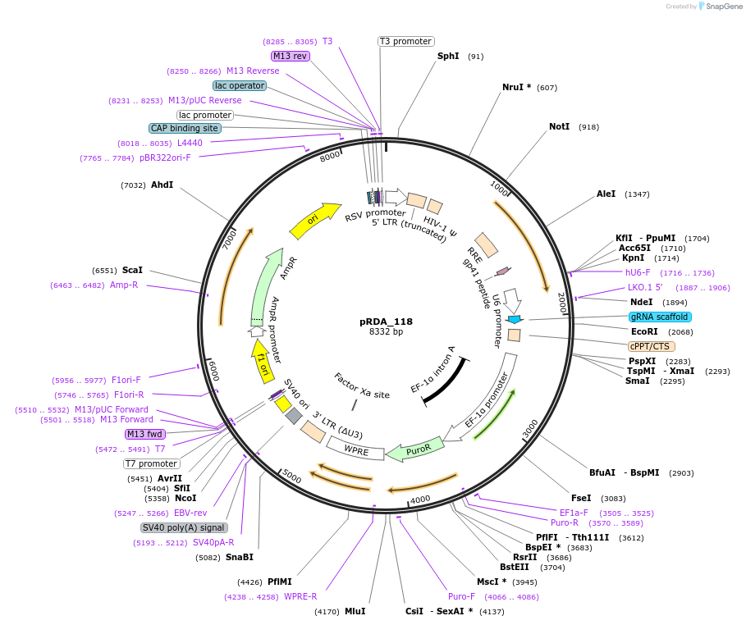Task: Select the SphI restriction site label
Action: tap(448, 57)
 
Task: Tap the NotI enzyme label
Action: tap(559, 127)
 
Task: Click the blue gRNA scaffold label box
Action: tap(660, 317)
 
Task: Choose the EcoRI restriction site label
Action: tap(644, 331)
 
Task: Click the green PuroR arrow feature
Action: tap(416, 449)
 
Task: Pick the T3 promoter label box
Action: tap(405, 41)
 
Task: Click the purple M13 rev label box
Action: tap(290, 56)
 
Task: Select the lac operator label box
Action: tap(239, 85)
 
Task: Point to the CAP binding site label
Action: tap(185, 128)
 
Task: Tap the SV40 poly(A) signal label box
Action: tap(184, 527)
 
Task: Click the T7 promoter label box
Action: tap(152, 463)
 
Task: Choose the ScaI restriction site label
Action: tap(132, 270)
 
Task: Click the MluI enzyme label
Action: tap(355, 611)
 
